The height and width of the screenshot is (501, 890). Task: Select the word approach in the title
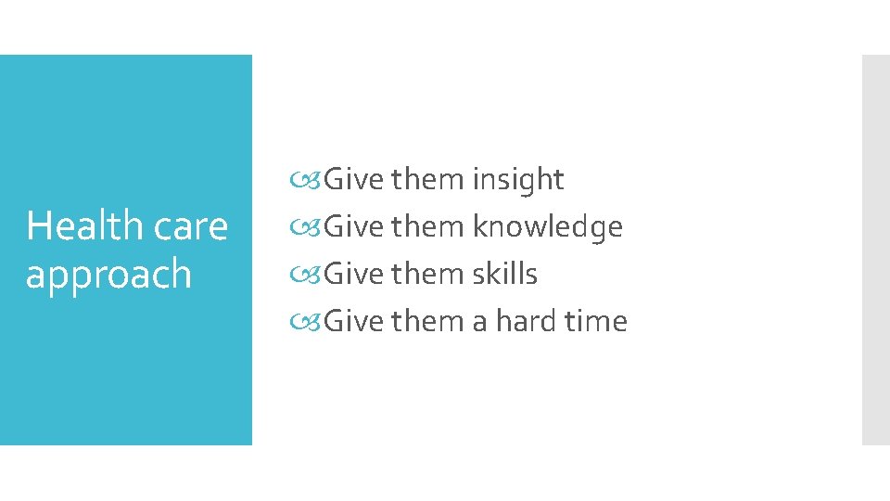point(108,274)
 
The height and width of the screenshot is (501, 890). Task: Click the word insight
point(517,179)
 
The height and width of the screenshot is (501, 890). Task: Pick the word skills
point(504,274)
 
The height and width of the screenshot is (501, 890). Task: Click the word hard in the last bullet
point(526,321)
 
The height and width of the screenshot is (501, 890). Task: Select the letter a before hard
point(479,322)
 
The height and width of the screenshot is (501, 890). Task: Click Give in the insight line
point(354,179)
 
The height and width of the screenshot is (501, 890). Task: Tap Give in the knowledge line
point(354,226)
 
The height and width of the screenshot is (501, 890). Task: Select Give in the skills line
point(354,274)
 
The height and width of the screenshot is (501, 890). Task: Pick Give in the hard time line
point(354,321)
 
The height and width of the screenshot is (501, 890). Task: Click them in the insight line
point(428,179)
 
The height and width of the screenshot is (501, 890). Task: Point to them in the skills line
point(428,274)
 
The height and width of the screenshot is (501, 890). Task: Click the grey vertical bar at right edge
point(875,250)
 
